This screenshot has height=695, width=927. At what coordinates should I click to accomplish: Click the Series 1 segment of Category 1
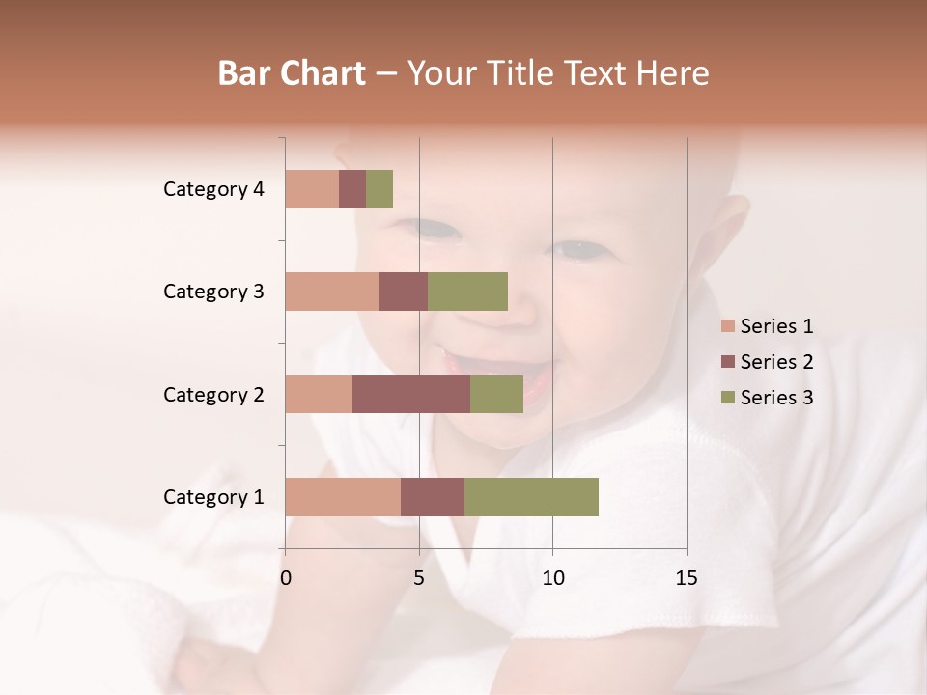[x=343, y=497]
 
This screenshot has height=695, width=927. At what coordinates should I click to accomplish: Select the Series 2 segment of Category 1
[x=433, y=497]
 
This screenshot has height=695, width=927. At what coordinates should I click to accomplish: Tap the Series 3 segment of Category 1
[x=531, y=497]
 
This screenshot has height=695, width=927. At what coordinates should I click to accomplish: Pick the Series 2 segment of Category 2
[x=411, y=394]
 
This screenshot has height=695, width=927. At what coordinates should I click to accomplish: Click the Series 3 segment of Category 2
[x=496, y=394]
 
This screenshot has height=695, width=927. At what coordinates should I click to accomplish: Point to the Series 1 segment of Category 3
[x=332, y=292]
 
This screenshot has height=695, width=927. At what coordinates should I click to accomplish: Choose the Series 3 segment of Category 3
[x=467, y=292]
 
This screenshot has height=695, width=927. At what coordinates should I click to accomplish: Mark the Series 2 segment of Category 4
[x=352, y=189]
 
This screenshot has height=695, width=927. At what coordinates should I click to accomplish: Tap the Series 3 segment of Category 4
[x=379, y=189]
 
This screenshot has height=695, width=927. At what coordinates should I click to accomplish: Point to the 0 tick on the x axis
[x=286, y=578]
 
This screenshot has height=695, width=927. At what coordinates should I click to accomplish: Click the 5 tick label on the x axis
[x=419, y=578]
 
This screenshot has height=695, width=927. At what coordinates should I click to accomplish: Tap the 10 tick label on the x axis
[x=552, y=578]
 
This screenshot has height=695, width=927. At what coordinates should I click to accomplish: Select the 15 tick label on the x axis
[x=686, y=578]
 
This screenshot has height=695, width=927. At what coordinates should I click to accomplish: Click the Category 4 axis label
[x=213, y=189]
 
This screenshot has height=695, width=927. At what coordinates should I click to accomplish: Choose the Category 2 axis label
[x=213, y=394]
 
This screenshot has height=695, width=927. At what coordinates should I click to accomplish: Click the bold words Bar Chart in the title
[x=292, y=72]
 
